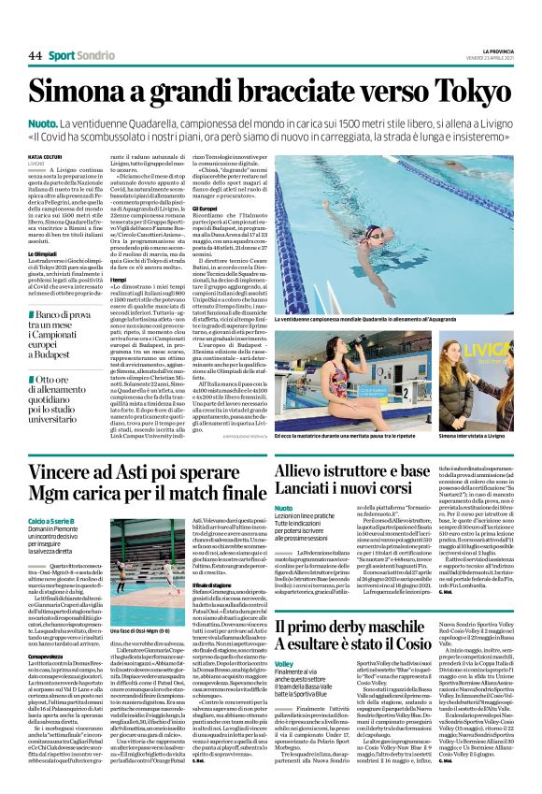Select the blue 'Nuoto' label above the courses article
tap(283, 508)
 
